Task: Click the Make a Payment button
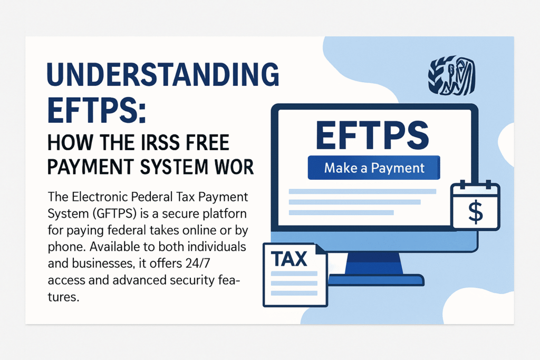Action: click(374, 168)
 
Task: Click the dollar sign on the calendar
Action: click(475, 212)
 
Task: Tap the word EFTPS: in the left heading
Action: click(98, 112)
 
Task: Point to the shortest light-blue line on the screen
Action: click(342, 212)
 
